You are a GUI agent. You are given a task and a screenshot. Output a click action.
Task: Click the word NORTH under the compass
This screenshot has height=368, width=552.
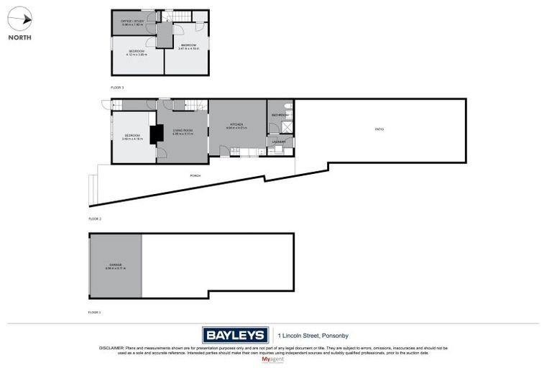click(19, 37)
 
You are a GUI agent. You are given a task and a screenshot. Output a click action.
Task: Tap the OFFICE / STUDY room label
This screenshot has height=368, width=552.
click(133, 22)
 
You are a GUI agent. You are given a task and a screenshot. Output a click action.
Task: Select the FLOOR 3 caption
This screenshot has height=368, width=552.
click(117, 87)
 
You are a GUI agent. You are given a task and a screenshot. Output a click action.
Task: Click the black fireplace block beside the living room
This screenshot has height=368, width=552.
click(153, 134)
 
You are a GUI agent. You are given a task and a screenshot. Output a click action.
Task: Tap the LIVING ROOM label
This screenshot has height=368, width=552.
click(183, 130)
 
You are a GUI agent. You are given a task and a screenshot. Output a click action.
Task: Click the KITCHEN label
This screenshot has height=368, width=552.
click(237, 124)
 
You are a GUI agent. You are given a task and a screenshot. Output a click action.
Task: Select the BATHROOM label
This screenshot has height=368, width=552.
click(280, 115)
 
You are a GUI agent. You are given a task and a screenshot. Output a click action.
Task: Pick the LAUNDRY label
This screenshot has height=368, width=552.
click(280, 142)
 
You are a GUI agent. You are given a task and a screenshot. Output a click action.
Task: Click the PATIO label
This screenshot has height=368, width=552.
click(379, 129)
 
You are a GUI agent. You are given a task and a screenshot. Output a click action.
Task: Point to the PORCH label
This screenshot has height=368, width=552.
click(195, 175)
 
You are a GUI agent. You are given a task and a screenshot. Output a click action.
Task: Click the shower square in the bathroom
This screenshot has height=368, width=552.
click(287, 127)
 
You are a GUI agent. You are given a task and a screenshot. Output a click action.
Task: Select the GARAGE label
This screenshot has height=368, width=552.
click(116, 264)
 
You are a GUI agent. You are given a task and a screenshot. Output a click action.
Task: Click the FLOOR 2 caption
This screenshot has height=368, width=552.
click(95, 218)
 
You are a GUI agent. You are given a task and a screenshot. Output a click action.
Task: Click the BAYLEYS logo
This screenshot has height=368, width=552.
click(234, 335)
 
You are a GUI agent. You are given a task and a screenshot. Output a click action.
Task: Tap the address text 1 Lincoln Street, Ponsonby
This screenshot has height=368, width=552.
click(316, 335)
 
